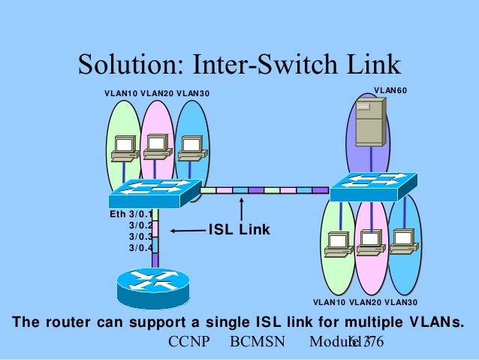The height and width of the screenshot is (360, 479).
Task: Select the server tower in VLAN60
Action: point(369,123)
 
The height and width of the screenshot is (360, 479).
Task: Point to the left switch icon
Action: point(155,193)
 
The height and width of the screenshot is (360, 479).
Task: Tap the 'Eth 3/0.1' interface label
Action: point(131,214)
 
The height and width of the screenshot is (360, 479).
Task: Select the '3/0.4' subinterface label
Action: point(140,247)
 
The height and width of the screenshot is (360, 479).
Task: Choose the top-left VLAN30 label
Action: point(193,94)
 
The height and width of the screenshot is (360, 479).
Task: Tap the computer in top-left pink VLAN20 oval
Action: point(156,147)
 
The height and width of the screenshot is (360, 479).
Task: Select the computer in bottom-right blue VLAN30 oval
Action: point(403,240)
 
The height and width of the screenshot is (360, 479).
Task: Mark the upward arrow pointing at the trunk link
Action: point(241,210)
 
